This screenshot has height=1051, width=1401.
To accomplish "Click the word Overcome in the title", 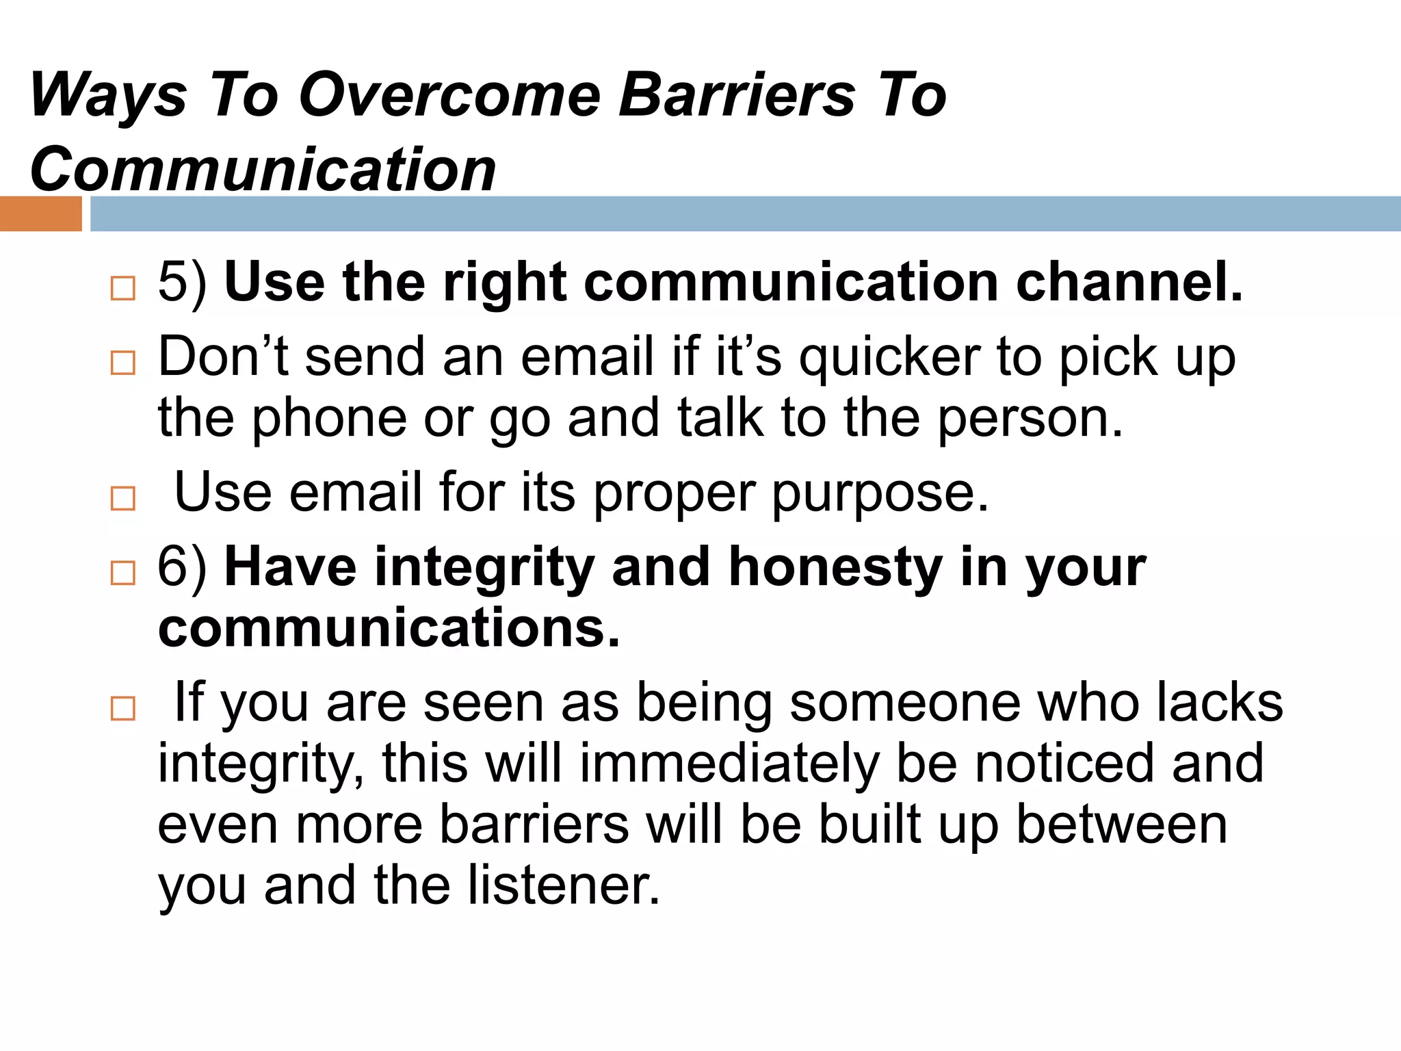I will (x=450, y=96).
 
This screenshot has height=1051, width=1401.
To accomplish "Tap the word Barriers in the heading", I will (x=737, y=96).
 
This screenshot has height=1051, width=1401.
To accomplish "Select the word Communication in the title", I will (x=263, y=170).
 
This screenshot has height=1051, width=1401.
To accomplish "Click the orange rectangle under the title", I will (x=40, y=214).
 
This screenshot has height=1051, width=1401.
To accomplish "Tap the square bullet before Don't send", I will (x=123, y=363).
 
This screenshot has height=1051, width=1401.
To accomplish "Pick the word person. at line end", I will (x=1030, y=419).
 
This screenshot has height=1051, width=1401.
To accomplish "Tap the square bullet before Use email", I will (x=123, y=499).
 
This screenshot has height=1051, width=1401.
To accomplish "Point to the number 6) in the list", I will (x=182, y=567).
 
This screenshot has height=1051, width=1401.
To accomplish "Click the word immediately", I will (x=729, y=764).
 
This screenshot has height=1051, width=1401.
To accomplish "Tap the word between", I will (x=1122, y=825).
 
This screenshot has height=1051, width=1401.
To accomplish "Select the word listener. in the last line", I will (x=564, y=885).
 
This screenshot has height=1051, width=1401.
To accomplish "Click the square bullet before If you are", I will (x=123, y=709).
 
